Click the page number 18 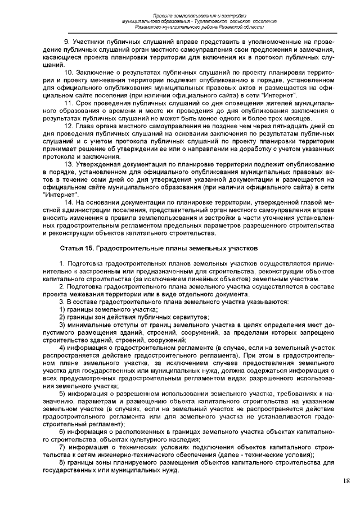(x=346, y=481)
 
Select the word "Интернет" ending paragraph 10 (x=280, y=96)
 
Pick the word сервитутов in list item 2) (x=189, y=317)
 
